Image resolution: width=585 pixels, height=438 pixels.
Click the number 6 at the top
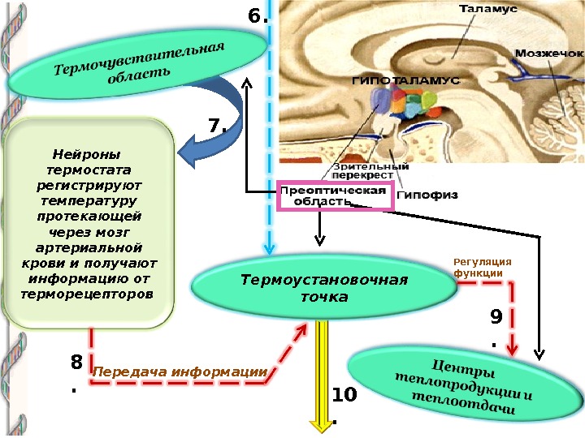pyautogui.click(x=255, y=16)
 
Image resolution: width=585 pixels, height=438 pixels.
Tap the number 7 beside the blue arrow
pyautogui.click(x=215, y=126)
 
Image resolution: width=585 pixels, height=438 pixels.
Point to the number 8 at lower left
pyautogui.click(x=76, y=363)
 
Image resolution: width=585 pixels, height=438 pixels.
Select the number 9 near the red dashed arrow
pyautogui.click(x=496, y=315)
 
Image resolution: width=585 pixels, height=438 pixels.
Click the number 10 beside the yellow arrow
pyautogui.click(x=344, y=395)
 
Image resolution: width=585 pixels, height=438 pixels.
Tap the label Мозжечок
pyautogui.click(x=549, y=53)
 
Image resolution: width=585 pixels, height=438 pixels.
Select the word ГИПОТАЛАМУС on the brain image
pyautogui.click(x=405, y=82)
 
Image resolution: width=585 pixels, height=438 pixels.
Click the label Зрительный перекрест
pyautogui.click(x=363, y=170)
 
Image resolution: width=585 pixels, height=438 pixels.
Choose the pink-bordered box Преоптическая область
pyautogui.click(x=336, y=195)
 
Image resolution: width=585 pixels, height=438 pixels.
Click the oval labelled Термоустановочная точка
pyautogui.click(x=323, y=289)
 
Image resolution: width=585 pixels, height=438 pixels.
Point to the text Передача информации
pyautogui.click(x=180, y=372)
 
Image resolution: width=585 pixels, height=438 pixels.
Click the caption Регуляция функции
pyautogui.click(x=483, y=268)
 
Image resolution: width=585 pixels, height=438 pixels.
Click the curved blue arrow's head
pyautogui.click(x=188, y=153)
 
